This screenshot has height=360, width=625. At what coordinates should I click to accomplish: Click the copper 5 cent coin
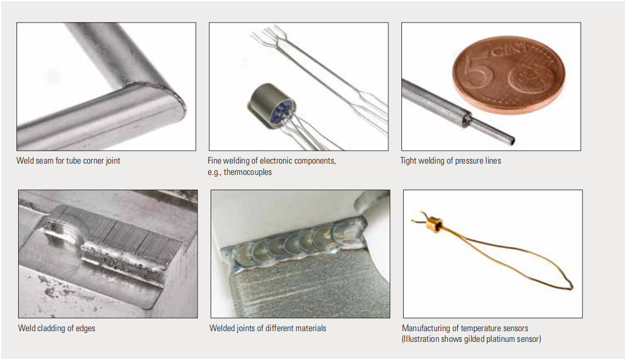coord(509,74)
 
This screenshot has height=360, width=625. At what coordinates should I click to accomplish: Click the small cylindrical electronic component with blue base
coord(272,106)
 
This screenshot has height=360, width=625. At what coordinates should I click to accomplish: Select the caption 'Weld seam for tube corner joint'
coord(68,161)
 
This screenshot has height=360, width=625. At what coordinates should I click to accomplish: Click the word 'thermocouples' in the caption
coord(247,172)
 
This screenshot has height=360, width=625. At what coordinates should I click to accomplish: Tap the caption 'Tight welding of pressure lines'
coord(451,161)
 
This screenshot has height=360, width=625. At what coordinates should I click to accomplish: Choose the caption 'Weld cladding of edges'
coord(57,328)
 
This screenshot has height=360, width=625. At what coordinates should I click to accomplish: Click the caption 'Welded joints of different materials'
coord(268,328)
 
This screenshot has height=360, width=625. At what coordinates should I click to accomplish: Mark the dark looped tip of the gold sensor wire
coord(570,285)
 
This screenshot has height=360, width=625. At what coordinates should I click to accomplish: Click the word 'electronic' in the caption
coord(277,161)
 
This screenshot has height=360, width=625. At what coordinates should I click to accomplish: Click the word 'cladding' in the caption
coord(52,328)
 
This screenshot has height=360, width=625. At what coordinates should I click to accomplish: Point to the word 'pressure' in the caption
coord(469,161)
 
